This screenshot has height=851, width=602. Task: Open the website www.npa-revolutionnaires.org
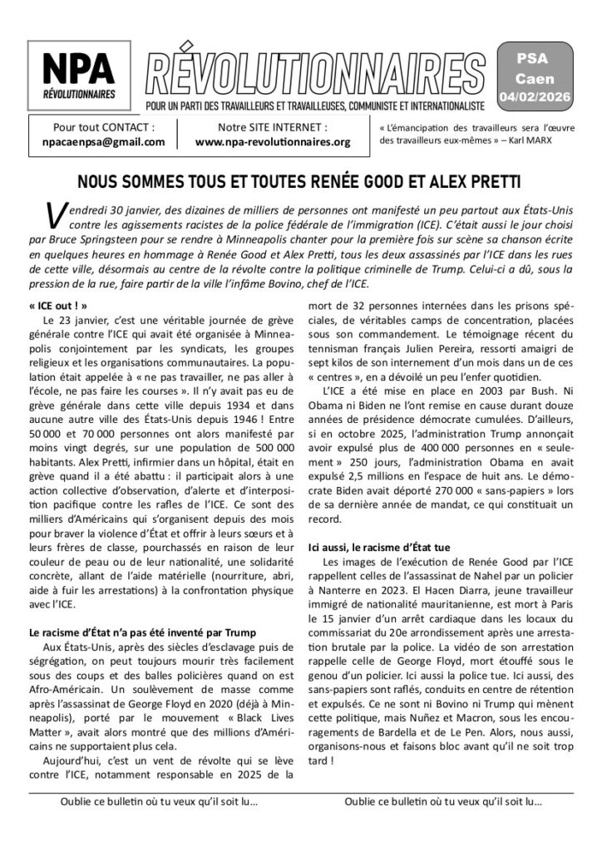click(274, 142)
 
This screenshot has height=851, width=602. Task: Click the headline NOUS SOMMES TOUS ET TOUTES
click(300, 181)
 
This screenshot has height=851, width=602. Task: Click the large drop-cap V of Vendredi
click(49, 216)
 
